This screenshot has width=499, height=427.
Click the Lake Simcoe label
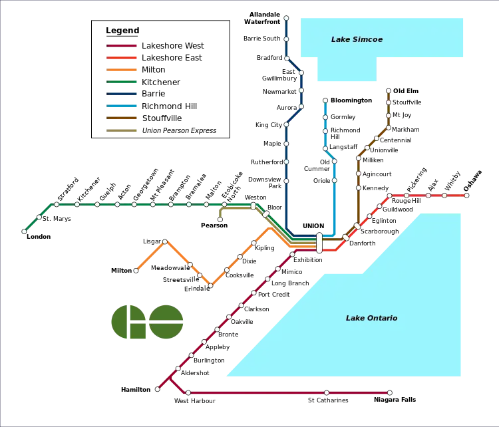(357, 40)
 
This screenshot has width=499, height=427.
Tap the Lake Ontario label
(371, 318)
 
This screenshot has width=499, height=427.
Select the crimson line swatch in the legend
(122, 46)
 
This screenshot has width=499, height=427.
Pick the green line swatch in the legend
(122, 82)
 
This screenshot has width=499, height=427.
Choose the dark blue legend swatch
(122, 94)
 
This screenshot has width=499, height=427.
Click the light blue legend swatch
(122, 106)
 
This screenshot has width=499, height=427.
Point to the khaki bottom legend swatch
(122, 130)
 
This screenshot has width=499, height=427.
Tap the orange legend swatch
(122, 69)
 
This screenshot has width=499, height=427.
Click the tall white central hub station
(319, 243)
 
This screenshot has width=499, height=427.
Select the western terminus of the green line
(24, 231)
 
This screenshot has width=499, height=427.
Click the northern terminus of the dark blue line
(286, 19)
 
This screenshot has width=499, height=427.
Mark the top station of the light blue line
(325, 101)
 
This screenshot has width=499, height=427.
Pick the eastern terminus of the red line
(466, 196)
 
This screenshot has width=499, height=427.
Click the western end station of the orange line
(136, 271)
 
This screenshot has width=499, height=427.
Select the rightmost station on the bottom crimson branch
(390, 393)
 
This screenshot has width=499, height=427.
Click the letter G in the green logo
(127, 322)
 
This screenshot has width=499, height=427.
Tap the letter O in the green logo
(166, 322)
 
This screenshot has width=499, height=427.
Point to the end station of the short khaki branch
(220, 219)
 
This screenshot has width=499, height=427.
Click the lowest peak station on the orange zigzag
(211, 285)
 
